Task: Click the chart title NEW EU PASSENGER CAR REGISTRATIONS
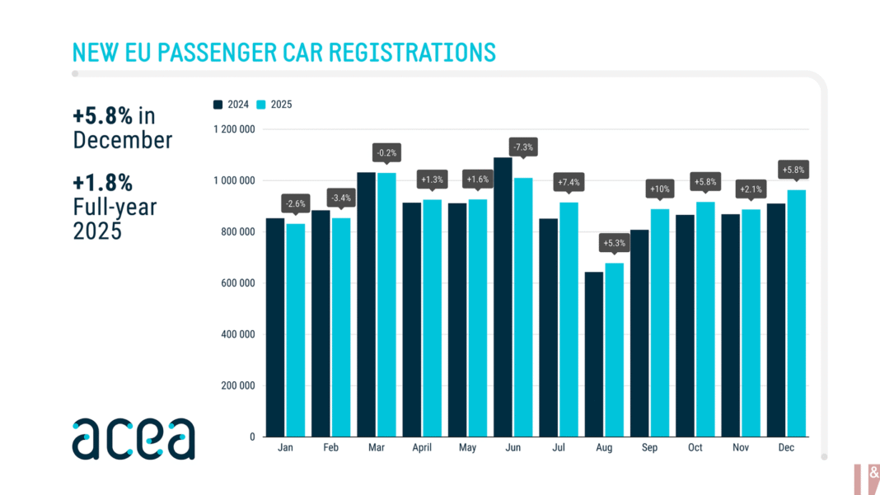point(284,52)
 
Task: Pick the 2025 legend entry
point(274,105)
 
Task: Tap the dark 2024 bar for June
point(502,297)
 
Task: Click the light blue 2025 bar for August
point(614,349)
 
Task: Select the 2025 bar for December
point(796,313)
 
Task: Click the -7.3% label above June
point(523,147)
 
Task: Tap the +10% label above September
point(660,189)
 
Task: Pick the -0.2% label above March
point(386,152)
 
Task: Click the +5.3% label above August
point(615,243)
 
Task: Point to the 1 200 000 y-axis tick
point(235,129)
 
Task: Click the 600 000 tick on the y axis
point(237,283)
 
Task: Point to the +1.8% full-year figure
point(102,182)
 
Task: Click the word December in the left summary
point(123,140)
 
